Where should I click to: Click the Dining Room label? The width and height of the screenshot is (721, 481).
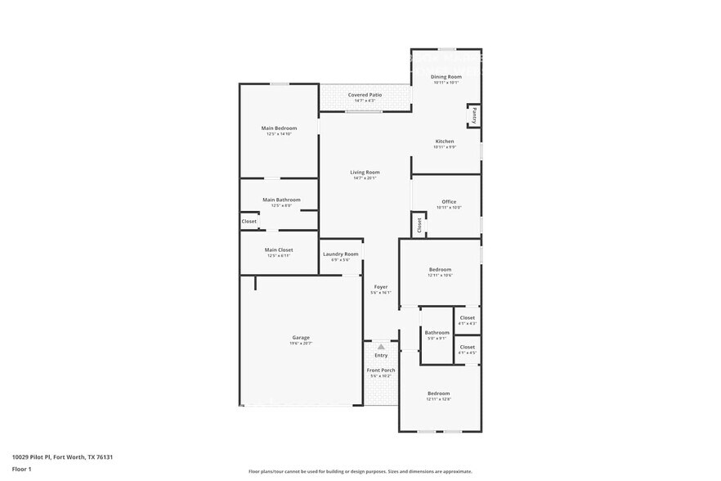tap(446, 77)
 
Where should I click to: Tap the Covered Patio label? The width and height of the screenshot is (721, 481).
tap(365, 95)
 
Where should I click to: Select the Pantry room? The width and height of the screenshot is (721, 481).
tap(473, 115)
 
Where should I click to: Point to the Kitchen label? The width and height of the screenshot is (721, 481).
tap(444, 142)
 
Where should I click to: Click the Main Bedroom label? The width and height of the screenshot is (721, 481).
tap(279, 128)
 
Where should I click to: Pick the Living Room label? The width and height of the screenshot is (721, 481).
tap(365, 173)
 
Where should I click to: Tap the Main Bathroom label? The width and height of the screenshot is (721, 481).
tap(281, 200)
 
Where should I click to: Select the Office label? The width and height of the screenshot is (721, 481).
tap(449, 202)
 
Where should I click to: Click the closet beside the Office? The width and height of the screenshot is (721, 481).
tap(419, 225)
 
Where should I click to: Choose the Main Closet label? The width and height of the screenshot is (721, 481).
tap(279, 250)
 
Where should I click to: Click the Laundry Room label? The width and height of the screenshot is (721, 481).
tap(340, 254)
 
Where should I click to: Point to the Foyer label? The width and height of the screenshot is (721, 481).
tap(381, 287)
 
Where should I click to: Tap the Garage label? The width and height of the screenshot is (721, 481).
tap(301, 338)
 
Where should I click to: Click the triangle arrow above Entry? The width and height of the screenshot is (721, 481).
tap(381, 347)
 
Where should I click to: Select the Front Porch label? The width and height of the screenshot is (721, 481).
tap(381, 371)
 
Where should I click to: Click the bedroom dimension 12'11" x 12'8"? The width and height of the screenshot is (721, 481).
tap(439, 400)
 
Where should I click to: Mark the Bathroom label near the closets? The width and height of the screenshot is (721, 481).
tap(437, 333)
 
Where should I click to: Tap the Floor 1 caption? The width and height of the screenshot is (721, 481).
tap(21, 469)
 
